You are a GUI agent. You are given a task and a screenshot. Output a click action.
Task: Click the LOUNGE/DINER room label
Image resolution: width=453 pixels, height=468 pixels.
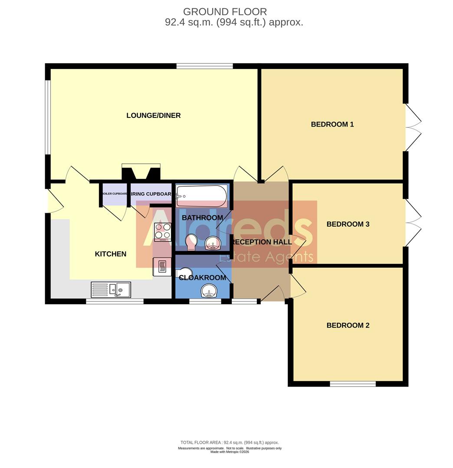click(x=153, y=115)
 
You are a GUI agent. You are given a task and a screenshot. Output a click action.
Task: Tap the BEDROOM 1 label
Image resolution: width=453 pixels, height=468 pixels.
click(x=332, y=124)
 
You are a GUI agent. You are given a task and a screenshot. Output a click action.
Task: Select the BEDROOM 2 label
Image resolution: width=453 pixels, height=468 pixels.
click(x=348, y=325)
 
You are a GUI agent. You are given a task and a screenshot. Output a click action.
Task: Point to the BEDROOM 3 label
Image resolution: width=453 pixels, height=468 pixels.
click(x=348, y=224)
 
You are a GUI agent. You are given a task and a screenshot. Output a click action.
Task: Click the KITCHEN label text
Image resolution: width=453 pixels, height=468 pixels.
click(x=111, y=254)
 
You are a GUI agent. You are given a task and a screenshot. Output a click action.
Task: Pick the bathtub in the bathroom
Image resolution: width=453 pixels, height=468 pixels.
click(x=201, y=196)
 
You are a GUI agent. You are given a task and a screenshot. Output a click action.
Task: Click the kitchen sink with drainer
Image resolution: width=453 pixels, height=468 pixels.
click(x=111, y=289)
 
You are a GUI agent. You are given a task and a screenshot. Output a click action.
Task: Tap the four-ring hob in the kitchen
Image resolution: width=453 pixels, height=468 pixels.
click(x=163, y=231)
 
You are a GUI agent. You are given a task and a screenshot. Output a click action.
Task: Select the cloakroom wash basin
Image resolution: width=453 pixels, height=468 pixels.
click(x=210, y=291)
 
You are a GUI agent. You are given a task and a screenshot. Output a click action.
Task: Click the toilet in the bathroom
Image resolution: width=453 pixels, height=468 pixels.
click(x=191, y=242)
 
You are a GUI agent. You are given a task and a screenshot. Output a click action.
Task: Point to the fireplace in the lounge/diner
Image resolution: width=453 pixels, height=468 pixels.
click(x=141, y=172)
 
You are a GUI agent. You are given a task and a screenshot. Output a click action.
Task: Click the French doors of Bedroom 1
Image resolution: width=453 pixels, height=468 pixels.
click(x=413, y=127)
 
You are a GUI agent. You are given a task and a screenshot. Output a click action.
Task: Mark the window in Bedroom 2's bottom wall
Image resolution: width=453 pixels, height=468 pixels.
click(x=352, y=383)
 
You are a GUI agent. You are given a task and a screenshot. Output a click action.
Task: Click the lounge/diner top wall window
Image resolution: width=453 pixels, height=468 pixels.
click(x=204, y=66)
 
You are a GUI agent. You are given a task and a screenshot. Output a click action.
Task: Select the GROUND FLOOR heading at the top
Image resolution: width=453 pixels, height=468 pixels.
click(x=225, y=12)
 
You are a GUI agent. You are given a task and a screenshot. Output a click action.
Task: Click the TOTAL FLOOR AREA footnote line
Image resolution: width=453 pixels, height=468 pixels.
click(x=230, y=442)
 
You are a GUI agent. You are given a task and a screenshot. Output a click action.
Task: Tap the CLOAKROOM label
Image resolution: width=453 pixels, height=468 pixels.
click(x=203, y=277)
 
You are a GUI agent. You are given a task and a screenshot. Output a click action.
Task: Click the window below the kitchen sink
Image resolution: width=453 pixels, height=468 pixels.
click(x=115, y=301)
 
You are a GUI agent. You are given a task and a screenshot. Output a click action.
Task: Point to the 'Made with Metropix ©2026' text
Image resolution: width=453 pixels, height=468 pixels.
click(x=230, y=452)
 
